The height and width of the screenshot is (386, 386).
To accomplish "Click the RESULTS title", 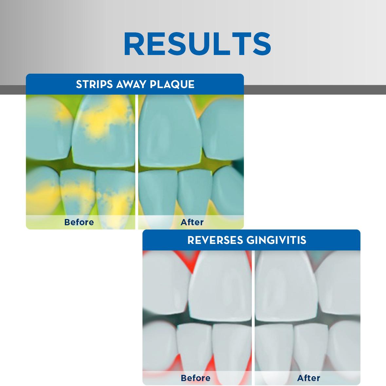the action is tap(197, 44).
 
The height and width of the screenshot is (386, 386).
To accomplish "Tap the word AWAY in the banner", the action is tap(131, 84).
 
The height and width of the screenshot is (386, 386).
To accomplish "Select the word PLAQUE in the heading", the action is tap(172, 84).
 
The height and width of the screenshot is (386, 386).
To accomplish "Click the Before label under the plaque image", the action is tap(79, 222).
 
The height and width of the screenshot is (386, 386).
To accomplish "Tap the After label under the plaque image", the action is tap(192, 222).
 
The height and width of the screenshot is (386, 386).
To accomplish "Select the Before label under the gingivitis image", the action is tap(195, 378).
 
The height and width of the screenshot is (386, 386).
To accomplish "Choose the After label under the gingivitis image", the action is tap(309, 378).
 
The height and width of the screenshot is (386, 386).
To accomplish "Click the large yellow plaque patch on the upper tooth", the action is tap(106, 118).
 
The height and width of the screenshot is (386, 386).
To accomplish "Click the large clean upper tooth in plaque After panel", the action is tap(170, 131).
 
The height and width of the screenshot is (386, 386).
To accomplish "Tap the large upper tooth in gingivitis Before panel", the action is tap(220, 285).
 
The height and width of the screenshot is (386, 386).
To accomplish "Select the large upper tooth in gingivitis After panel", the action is tap(285, 285).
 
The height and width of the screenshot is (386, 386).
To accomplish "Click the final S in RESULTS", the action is tap(262, 44).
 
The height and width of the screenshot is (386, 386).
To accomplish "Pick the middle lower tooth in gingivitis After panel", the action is tap(311, 350).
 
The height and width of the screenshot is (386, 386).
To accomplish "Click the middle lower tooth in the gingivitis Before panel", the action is tap(194, 350).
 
